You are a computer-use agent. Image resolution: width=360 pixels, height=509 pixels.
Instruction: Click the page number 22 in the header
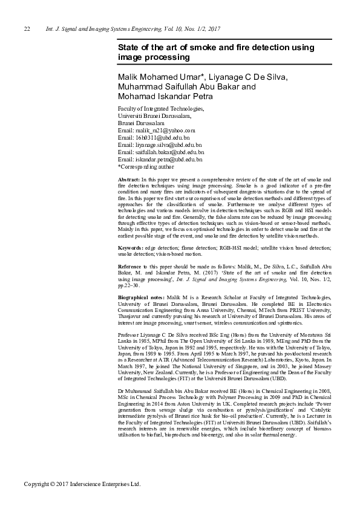click(27, 29)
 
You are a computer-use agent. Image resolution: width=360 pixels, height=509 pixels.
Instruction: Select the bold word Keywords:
click(131, 248)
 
